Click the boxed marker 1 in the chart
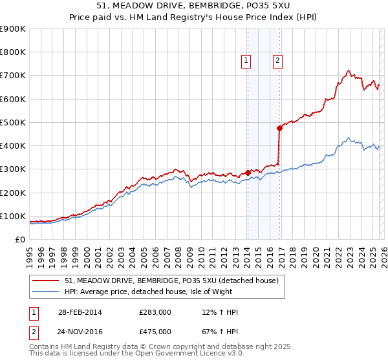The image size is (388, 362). tap(246, 61)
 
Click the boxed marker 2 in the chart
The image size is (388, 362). tap(277, 61)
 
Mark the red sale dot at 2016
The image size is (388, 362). tap(279, 128)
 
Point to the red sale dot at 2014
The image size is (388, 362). tap(248, 173)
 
